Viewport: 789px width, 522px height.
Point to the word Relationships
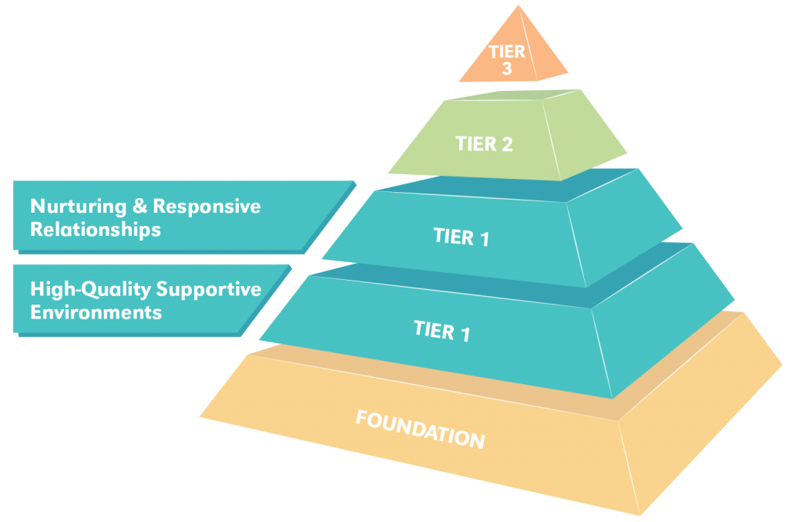[96, 230]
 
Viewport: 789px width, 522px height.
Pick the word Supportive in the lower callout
[209, 290]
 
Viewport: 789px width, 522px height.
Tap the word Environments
[96, 312]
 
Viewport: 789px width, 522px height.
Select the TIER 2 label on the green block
[484, 143]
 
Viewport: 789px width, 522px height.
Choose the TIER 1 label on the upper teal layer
[462, 237]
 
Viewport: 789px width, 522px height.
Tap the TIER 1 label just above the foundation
[442, 330]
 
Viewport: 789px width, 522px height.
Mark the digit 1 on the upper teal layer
[484, 239]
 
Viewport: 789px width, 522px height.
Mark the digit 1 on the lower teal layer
[464, 333]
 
